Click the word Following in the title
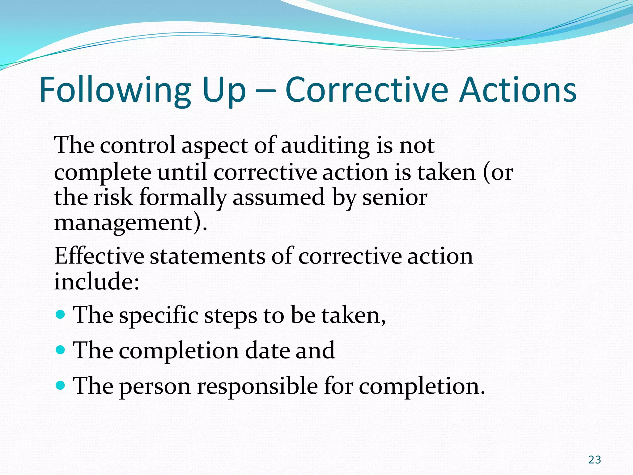coord(115,91)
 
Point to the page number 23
coord(594,460)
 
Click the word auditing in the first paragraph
coord(325,145)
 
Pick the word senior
coord(395,197)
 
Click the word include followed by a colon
coord(96,281)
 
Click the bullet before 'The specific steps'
coord(61,315)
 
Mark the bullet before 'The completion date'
coord(61,350)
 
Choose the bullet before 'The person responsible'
coord(61,386)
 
